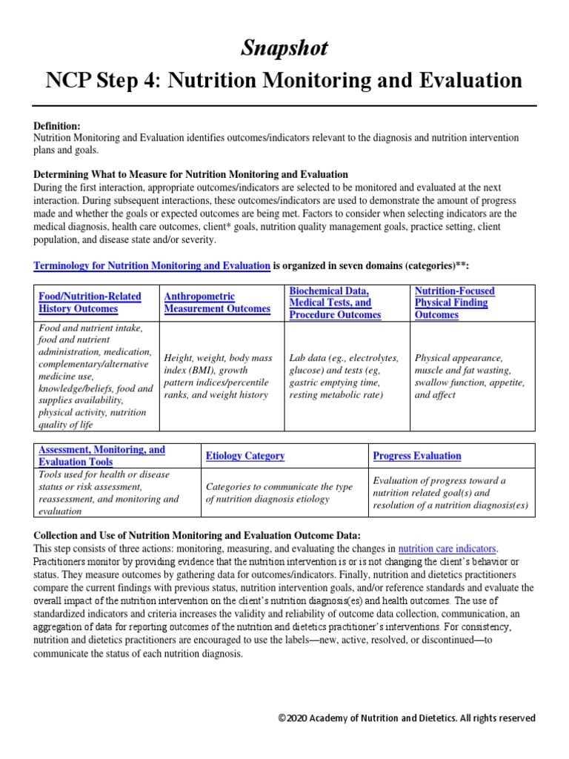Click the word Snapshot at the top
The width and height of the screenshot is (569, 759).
(284, 48)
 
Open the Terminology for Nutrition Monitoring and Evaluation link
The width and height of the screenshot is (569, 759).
(152, 265)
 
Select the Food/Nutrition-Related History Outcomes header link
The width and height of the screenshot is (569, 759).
(90, 302)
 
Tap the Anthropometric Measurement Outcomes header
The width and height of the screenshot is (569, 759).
(217, 302)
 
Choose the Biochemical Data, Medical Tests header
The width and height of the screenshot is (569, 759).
(335, 302)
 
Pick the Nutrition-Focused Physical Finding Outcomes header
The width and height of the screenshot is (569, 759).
(450, 302)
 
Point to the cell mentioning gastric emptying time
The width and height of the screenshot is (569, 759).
(345, 376)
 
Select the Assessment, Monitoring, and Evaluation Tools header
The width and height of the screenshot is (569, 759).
(102, 455)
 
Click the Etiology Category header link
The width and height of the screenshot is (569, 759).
(244, 456)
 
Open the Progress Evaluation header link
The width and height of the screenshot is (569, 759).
(416, 456)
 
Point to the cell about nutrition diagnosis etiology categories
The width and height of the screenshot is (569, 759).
(279, 492)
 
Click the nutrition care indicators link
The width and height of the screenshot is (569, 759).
(447, 548)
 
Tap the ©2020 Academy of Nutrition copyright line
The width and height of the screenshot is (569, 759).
(407, 718)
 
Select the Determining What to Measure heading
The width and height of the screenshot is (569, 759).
(190, 174)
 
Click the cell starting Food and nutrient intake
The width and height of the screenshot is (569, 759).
(96, 376)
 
